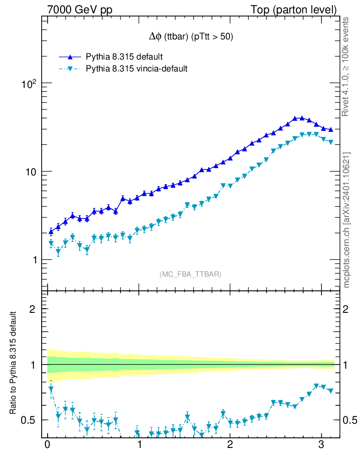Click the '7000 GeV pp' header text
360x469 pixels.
pos(83,10)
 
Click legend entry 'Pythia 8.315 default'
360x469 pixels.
pos(124,57)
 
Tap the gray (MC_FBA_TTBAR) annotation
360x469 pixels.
pos(191,274)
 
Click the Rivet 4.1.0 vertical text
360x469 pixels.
pos(346,67)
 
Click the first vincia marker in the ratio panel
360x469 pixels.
pos(51,389)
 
